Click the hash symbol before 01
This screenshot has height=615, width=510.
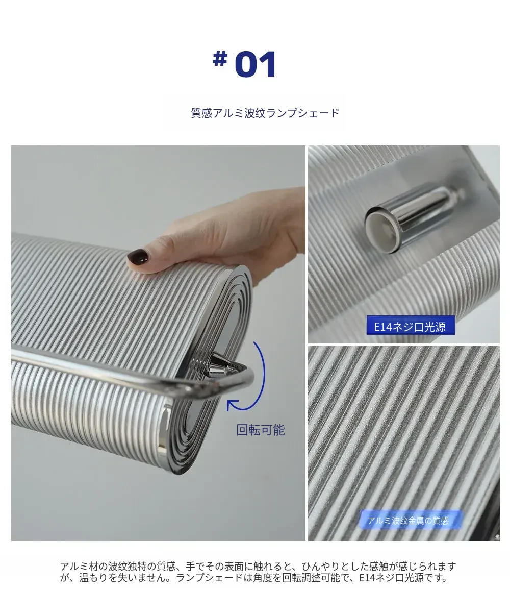[220, 58]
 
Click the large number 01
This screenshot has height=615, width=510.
[256, 64]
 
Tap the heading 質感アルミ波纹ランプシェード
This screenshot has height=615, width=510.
[265, 113]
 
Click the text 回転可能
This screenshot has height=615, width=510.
[261, 430]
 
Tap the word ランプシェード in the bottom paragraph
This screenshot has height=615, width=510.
[209, 578]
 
